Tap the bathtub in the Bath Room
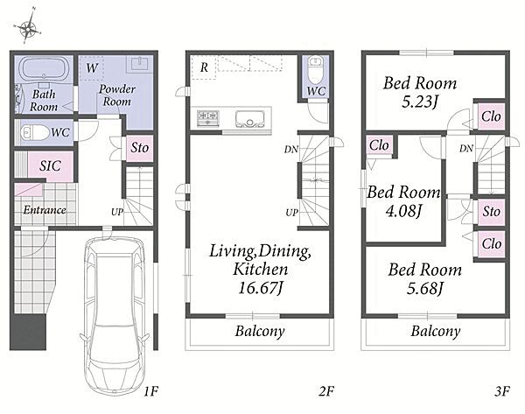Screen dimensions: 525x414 click(x=44, y=68)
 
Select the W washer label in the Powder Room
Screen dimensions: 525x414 click(x=91, y=68)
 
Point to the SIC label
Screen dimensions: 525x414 click(x=50, y=165)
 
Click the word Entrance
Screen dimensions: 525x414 click(x=45, y=210)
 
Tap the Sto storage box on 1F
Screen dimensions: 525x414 click(x=140, y=148)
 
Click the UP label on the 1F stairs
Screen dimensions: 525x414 click(x=117, y=212)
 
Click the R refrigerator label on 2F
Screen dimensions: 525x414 click(x=204, y=67)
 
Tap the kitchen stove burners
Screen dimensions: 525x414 click(x=207, y=119)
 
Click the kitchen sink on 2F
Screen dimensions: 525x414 click(x=249, y=119)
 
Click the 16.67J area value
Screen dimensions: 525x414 click(x=261, y=287)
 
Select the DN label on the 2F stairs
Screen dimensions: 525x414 click(x=291, y=150)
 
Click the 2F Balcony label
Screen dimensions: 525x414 click(x=260, y=331)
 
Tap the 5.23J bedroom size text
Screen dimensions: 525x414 click(x=419, y=102)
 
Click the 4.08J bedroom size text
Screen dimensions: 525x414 click(x=402, y=211)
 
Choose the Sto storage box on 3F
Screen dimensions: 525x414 click(x=491, y=212)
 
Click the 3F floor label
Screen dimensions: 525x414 click(x=502, y=391)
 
